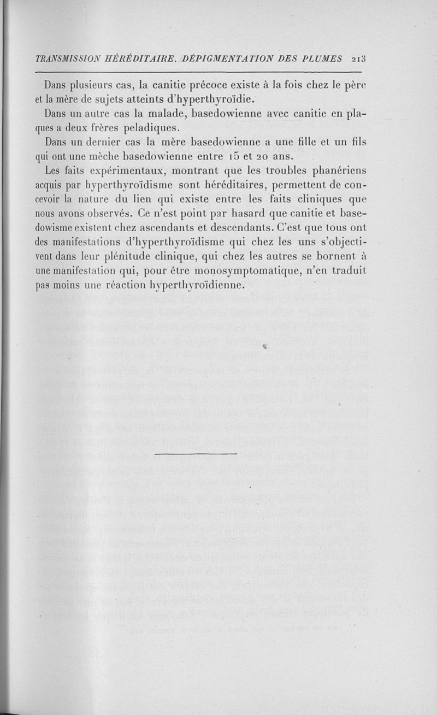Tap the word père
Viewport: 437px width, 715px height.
click(355, 86)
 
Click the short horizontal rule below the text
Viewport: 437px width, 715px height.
click(196, 454)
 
